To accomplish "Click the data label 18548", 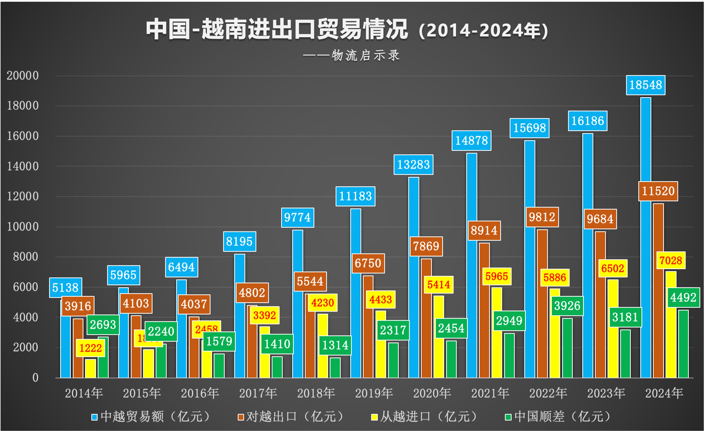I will point(645,85).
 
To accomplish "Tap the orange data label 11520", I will point(658,191).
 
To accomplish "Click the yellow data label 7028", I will point(671,260).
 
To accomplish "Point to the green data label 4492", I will point(683,297).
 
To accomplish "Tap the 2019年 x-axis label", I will point(374,393).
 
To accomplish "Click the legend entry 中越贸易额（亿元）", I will point(152,417).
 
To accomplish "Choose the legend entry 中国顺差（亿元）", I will point(558,417).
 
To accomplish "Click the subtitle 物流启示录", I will point(365,55).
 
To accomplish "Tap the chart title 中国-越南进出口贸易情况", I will point(276,29).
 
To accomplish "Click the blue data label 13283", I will point(413,164).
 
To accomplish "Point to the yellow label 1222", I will point(90,348).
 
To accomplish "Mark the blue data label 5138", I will point(65,287).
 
